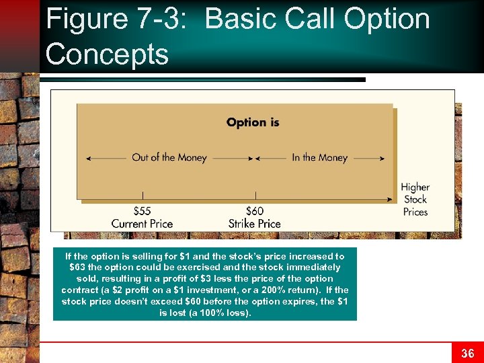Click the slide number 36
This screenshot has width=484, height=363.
[x=467, y=353]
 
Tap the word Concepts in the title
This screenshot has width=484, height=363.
[x=107, y=54]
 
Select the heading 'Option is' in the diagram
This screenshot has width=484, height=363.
[x=253, y=122]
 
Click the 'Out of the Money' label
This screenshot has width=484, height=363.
[x=169, y=158]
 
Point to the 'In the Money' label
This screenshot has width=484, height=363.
[x=319, y=158]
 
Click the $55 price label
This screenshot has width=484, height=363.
[x=142, y=212]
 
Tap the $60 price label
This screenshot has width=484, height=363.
[x=255, y=212]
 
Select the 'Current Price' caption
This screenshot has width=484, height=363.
[x=142, y=224]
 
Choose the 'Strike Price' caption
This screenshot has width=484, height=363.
[x=255, y=224]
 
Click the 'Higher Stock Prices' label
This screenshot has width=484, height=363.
[x=415, y=199]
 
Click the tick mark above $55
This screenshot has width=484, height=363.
[x=142, y=196]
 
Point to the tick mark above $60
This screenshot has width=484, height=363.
[x=255, y=196]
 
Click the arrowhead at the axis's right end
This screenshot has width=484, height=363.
[x=390, y=200]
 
